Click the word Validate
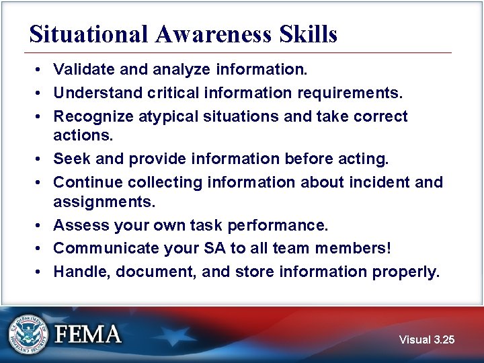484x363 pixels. point(83,69)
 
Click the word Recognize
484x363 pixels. point(93,116)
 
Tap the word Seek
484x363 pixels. point(70,159)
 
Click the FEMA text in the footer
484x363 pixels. point(88,334)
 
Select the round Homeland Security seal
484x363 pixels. point(29,334)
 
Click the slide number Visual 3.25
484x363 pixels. point(426,339)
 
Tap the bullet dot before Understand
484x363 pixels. point(40,93)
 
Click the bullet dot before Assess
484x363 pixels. point(40,225)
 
